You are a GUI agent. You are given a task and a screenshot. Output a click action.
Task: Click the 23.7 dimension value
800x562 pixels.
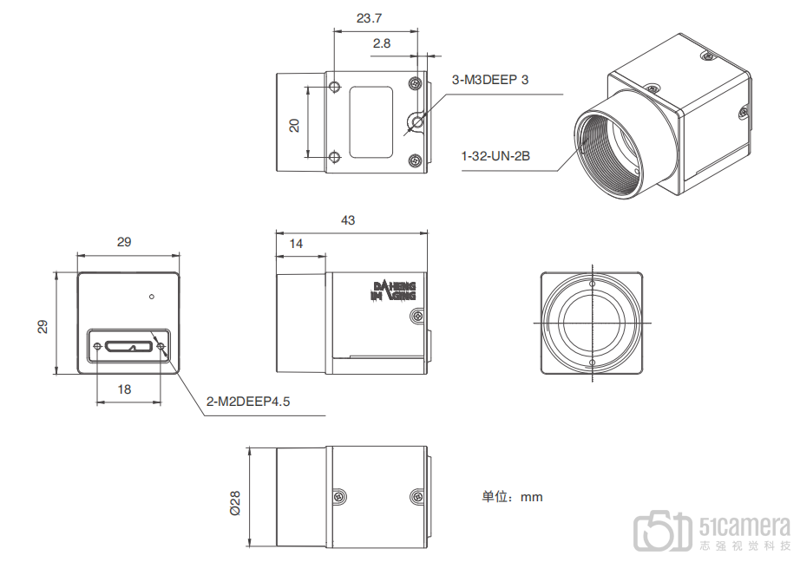(369, 18)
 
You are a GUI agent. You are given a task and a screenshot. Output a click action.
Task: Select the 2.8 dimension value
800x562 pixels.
(382, 43)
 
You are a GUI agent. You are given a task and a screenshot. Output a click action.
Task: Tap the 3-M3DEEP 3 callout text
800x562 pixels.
(489, 80)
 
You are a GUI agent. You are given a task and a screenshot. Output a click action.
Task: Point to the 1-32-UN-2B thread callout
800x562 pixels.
(495, 156)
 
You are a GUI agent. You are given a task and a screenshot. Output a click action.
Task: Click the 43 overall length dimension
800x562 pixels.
(348, 220)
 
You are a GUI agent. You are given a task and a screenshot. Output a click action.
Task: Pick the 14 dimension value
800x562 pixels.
(296, 244)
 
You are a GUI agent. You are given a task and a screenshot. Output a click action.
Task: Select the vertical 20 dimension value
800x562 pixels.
(294, 126)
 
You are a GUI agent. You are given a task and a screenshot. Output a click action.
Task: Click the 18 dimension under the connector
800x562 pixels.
(124, 389)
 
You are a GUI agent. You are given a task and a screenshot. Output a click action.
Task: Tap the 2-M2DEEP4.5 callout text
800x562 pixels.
(248, 402)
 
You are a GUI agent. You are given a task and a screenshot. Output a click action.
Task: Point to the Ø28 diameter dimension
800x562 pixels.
(234, 503)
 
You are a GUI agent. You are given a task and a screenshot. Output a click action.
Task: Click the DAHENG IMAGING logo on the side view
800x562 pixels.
(393, 291)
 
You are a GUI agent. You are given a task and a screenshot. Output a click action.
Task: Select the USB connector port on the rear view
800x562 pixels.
(129, 347)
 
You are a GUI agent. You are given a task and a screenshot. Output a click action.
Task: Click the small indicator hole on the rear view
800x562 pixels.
(152, 297)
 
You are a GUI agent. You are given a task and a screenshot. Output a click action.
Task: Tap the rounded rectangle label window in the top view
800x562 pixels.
(370, 122)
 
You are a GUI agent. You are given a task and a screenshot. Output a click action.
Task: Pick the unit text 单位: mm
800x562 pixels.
(512, 497)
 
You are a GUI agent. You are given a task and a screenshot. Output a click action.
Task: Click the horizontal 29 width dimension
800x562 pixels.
(124, 242)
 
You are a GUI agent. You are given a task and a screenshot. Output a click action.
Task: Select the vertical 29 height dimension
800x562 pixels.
(43, 326)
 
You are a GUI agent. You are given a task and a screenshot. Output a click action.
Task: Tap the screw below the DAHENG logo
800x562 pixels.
(416, 317)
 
